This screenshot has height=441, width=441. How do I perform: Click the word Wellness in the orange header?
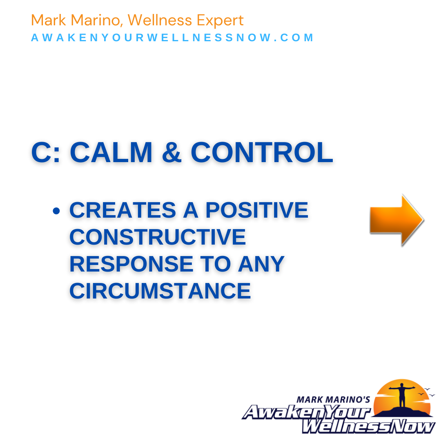pos(160,20)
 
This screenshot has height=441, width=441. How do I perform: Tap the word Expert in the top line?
pos(220,21)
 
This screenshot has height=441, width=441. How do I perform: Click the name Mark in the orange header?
pos(48,20)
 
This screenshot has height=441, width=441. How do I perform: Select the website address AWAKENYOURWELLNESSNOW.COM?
pos(172,38)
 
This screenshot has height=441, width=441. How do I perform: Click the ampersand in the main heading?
pos(171,152)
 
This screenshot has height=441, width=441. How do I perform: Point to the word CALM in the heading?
pos(111,152)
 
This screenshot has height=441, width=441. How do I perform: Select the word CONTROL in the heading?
pos(262,152)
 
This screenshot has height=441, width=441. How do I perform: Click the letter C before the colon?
pos(42,152)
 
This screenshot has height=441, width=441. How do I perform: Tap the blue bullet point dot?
pos(56,211)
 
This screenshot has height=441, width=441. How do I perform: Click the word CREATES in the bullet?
pos(122,210)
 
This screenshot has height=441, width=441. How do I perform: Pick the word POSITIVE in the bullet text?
pos(257,210)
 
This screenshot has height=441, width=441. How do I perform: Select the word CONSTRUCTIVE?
pos(158,237)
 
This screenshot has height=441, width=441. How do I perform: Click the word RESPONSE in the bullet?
pos(131,264)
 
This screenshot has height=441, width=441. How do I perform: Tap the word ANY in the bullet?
pos(261,264)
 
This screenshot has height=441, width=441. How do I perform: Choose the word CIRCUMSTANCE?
pos(160,291)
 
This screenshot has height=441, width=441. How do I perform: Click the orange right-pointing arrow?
pos(396,220)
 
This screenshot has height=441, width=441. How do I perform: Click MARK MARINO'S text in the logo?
pos(333,400)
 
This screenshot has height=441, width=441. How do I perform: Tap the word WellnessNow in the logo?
pos(368,426)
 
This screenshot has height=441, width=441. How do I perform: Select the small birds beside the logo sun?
pos(426,392)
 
